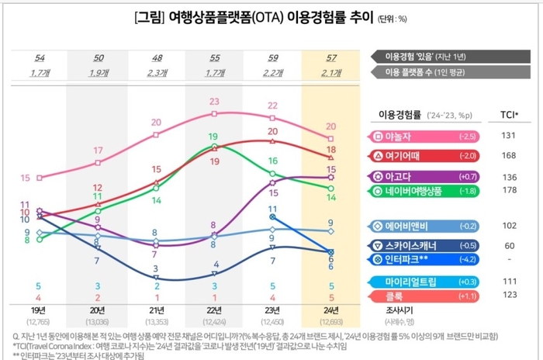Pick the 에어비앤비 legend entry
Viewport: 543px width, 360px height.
tap(411, 226)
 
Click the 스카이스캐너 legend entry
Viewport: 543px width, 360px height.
tap(411, 245)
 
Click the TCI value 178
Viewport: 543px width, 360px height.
tap(509, 191)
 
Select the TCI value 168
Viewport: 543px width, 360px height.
tap(509, 155)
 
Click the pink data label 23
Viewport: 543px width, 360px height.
tap(214, 102)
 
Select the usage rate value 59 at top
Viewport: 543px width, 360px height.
tap(272, 58)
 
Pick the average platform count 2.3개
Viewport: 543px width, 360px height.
tap(157, 72)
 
